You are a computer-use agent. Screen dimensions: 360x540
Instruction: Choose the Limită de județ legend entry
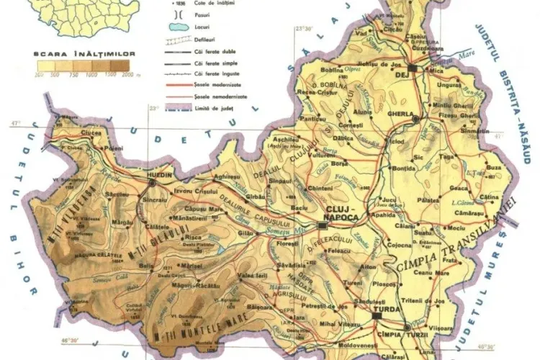217,107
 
